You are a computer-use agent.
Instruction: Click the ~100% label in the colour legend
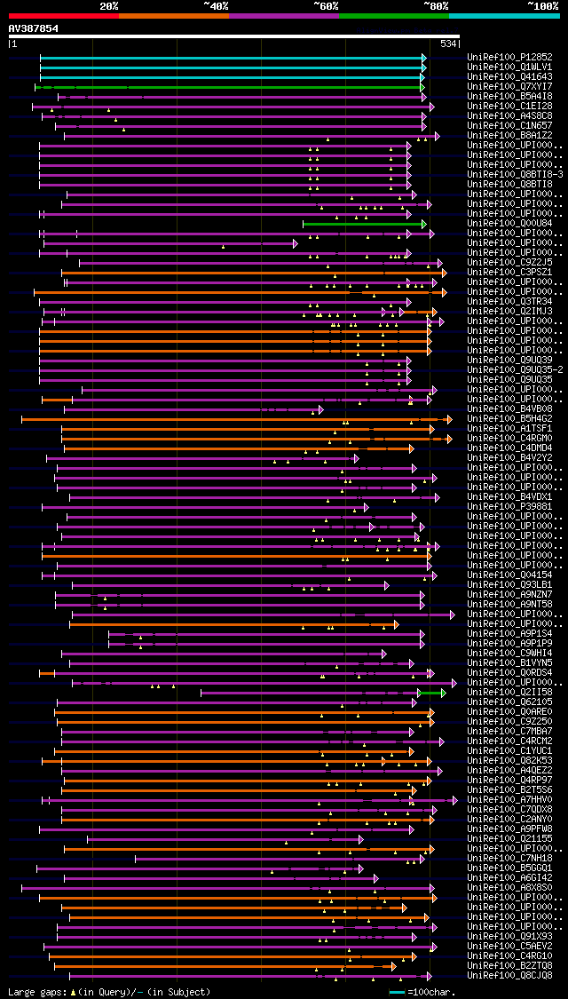click(x=541, y=5)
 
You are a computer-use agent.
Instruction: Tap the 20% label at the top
click(x=109, y=5)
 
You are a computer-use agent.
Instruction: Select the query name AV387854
click(x=34, y=28)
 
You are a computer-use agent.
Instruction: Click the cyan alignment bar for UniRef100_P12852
click(x=231, y=57)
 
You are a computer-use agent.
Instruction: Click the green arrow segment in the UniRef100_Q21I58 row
click(x=432, y=692)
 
